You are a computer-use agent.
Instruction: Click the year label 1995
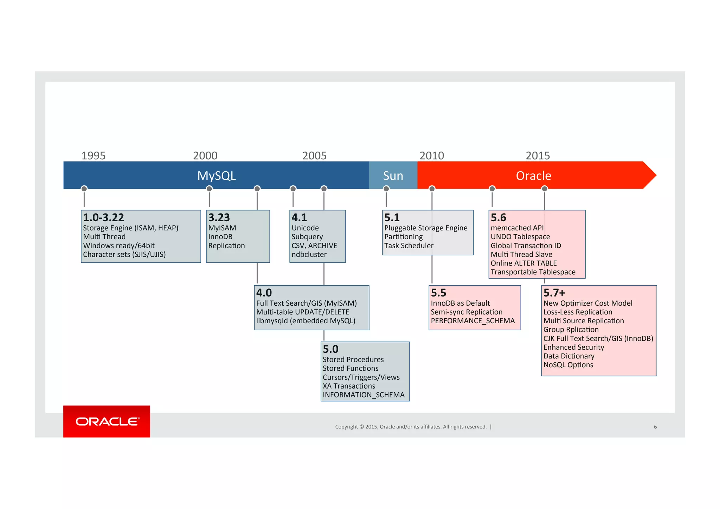93,155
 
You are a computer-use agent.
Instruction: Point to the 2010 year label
431,155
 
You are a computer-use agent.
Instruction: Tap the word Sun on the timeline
393,176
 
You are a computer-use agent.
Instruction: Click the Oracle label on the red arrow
533,176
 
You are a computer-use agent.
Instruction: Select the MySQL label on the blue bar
216,176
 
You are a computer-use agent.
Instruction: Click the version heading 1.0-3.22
103,217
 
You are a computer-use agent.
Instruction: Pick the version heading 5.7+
554,293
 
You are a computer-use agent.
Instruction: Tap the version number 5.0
330,349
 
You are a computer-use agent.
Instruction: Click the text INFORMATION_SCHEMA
364,395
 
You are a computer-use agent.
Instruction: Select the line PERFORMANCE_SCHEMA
472,321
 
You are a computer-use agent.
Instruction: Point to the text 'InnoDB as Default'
460,303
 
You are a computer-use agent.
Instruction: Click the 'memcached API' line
517,228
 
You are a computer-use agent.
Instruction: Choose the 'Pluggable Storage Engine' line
426,228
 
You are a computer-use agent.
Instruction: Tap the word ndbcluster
309,254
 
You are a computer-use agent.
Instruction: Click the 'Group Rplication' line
571,330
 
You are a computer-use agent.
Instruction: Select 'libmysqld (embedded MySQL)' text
306,321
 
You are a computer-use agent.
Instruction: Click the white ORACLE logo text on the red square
107,421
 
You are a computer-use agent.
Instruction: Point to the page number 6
655,427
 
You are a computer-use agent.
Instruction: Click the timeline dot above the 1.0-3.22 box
84,189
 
